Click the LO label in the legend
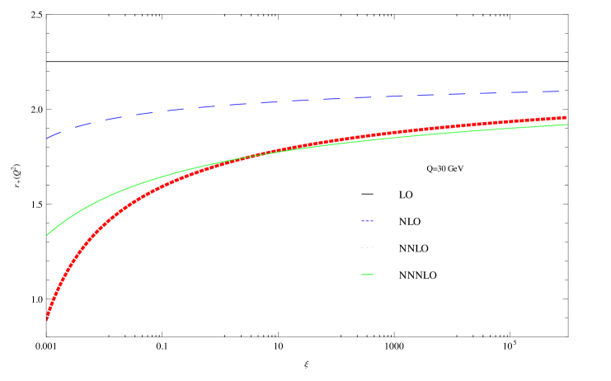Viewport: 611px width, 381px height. pyautogui.click(x=406, y=195)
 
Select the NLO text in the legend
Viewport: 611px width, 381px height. pyautogui.click(x=410, y=222)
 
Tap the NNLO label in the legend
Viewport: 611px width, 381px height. pyautogui.click(x=413, y=249)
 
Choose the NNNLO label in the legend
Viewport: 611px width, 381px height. pyautogui.click(x=417, y=275)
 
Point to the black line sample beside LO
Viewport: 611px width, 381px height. pyautogui.click(x=367, y=195)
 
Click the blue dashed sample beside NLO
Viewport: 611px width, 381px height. pyautogui.click(x=367, y=221)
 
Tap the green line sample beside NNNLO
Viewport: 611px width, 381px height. pyautogui.click(x=367, y=275)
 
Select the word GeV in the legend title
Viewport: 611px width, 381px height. pyautogui.click(x=455, y=169)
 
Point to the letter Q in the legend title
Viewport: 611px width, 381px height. pyautogui.click(x=430, y=169)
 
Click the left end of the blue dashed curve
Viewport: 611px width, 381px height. pyautogui.click(x=48, y=138)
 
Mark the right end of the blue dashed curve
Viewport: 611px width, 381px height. pyautogui.click(x=561, y=92)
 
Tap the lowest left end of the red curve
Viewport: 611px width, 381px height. pyautogui.click(x=47, y=319)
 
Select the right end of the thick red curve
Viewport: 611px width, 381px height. pyautogui.click(x=566, y=117)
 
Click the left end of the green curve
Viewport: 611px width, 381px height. pyautogui.click(x=48, y=234)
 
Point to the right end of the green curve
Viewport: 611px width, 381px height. pyautogui.click(x=567, y=125)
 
